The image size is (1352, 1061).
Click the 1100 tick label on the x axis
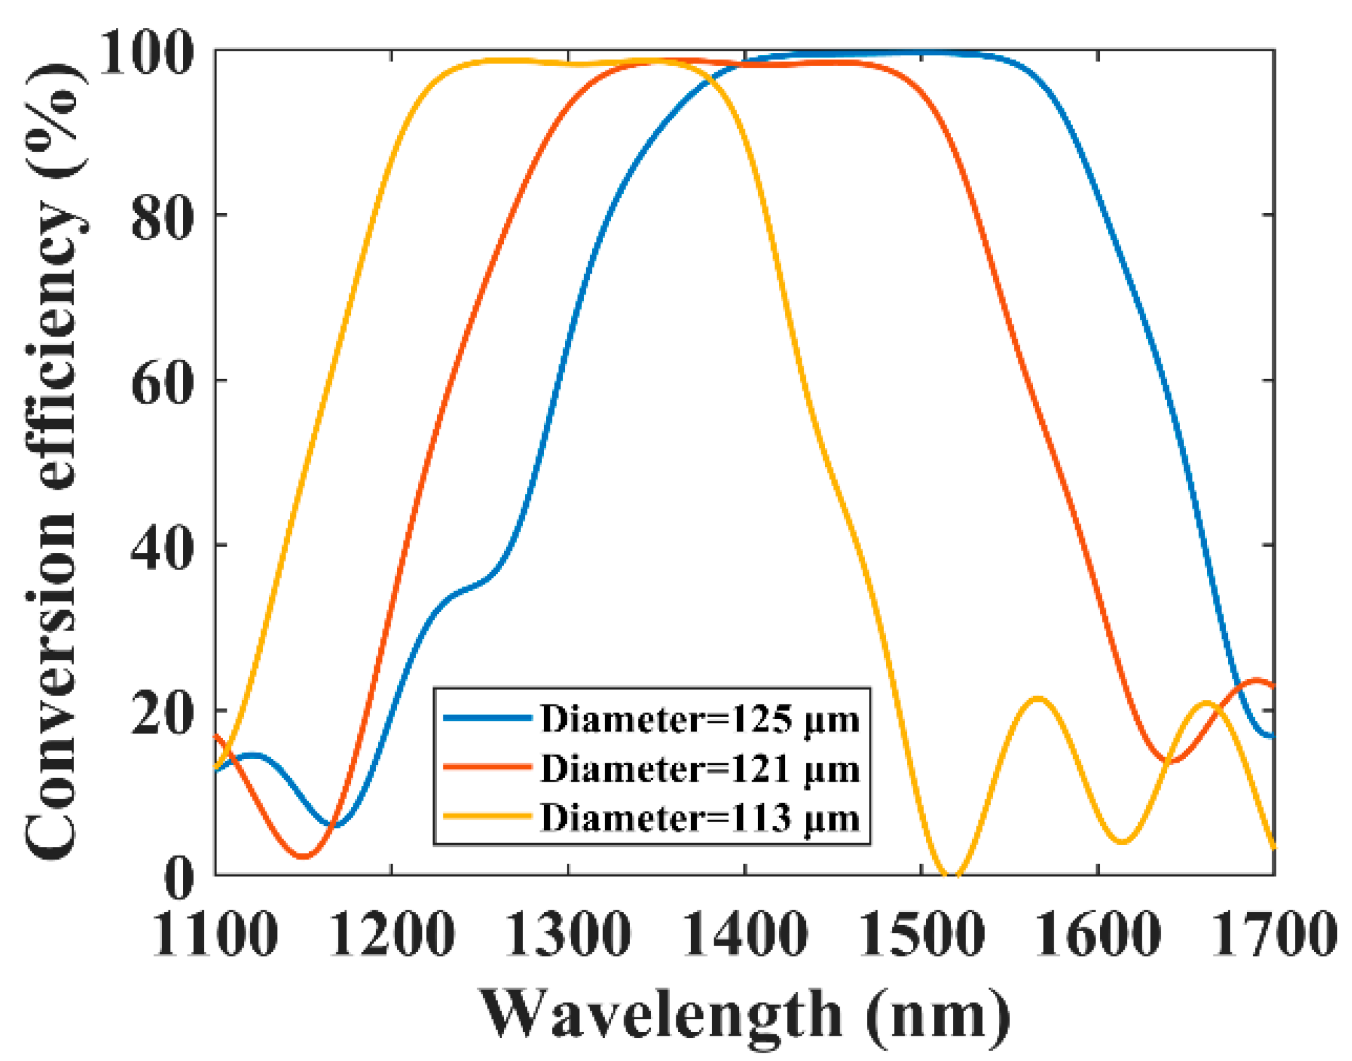[x=215, y=934]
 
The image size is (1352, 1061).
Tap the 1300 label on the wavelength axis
[x=568, y=934]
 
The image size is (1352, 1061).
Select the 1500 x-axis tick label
[x=921, y=934]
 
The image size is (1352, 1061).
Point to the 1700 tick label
[x=1274, y=934]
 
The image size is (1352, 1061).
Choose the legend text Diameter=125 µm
[x=700, y=720]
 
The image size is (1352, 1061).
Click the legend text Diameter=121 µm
[x=700, y=769]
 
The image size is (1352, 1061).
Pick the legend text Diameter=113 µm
[x=700, y=818]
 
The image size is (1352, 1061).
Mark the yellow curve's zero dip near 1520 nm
[x=952, y=874]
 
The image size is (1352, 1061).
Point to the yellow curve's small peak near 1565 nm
[x=1037, y=699]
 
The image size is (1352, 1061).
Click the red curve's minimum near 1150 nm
[x=304, y=856]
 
